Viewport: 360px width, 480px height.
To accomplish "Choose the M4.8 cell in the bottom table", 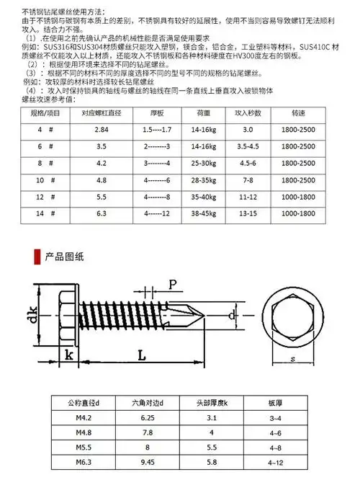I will pos(76,432).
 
